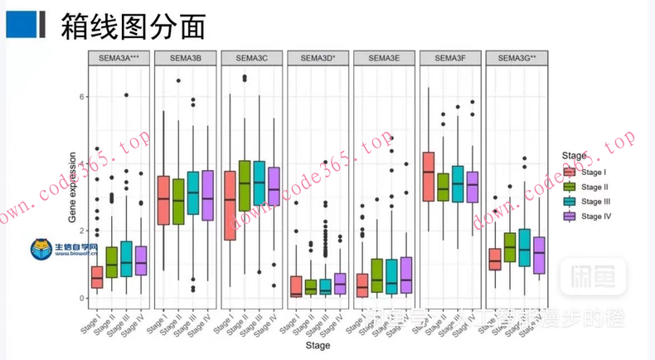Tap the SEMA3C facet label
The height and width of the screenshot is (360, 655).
point(252,58)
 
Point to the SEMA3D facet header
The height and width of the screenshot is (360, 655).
point(318,58)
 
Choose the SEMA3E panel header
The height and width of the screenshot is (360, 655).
point(384,58)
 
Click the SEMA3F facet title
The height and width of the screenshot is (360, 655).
point(450,58)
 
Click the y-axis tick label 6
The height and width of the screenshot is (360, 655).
point(82,97)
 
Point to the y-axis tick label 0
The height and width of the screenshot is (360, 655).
point(82,298)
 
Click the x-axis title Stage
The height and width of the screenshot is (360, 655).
point(318,345)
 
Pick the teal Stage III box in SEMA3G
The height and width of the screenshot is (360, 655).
point(524,247)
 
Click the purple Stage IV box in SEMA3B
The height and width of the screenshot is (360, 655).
point(207,196)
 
